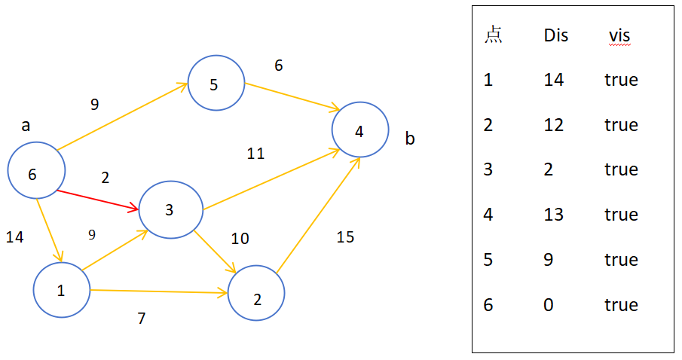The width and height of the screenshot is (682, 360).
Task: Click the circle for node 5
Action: click(188, 83)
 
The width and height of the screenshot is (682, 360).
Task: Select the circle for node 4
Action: click(332, 130)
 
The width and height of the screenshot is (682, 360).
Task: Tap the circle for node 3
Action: click(139, 209)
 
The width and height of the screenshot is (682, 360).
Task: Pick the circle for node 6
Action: click(8, 170)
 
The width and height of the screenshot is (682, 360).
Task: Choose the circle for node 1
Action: click(34, 290)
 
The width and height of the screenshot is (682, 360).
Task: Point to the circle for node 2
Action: click(229, 293)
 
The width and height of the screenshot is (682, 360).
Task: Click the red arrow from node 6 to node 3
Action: click(98, 200)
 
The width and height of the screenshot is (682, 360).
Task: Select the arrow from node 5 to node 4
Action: click(292, 96)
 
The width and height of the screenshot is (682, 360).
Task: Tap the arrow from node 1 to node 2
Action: click(159, 291)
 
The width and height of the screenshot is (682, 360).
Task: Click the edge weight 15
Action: click(345, 237)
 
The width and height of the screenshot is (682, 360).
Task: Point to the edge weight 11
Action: click(255, 154)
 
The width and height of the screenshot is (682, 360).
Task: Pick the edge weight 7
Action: click(142, 319)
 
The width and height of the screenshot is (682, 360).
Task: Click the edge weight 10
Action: click(240, 238)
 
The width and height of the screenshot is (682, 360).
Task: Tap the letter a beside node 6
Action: click(26, 126)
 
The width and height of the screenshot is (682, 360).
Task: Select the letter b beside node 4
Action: click(410, 139)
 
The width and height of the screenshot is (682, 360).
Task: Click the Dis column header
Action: click(556, 35)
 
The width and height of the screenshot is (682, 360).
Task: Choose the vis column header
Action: click(619, 36)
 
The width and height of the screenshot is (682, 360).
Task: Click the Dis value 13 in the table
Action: click(554, 215)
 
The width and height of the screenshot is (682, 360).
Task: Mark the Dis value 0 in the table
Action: click(549, 305)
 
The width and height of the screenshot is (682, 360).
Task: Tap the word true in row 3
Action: click(621, 169)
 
